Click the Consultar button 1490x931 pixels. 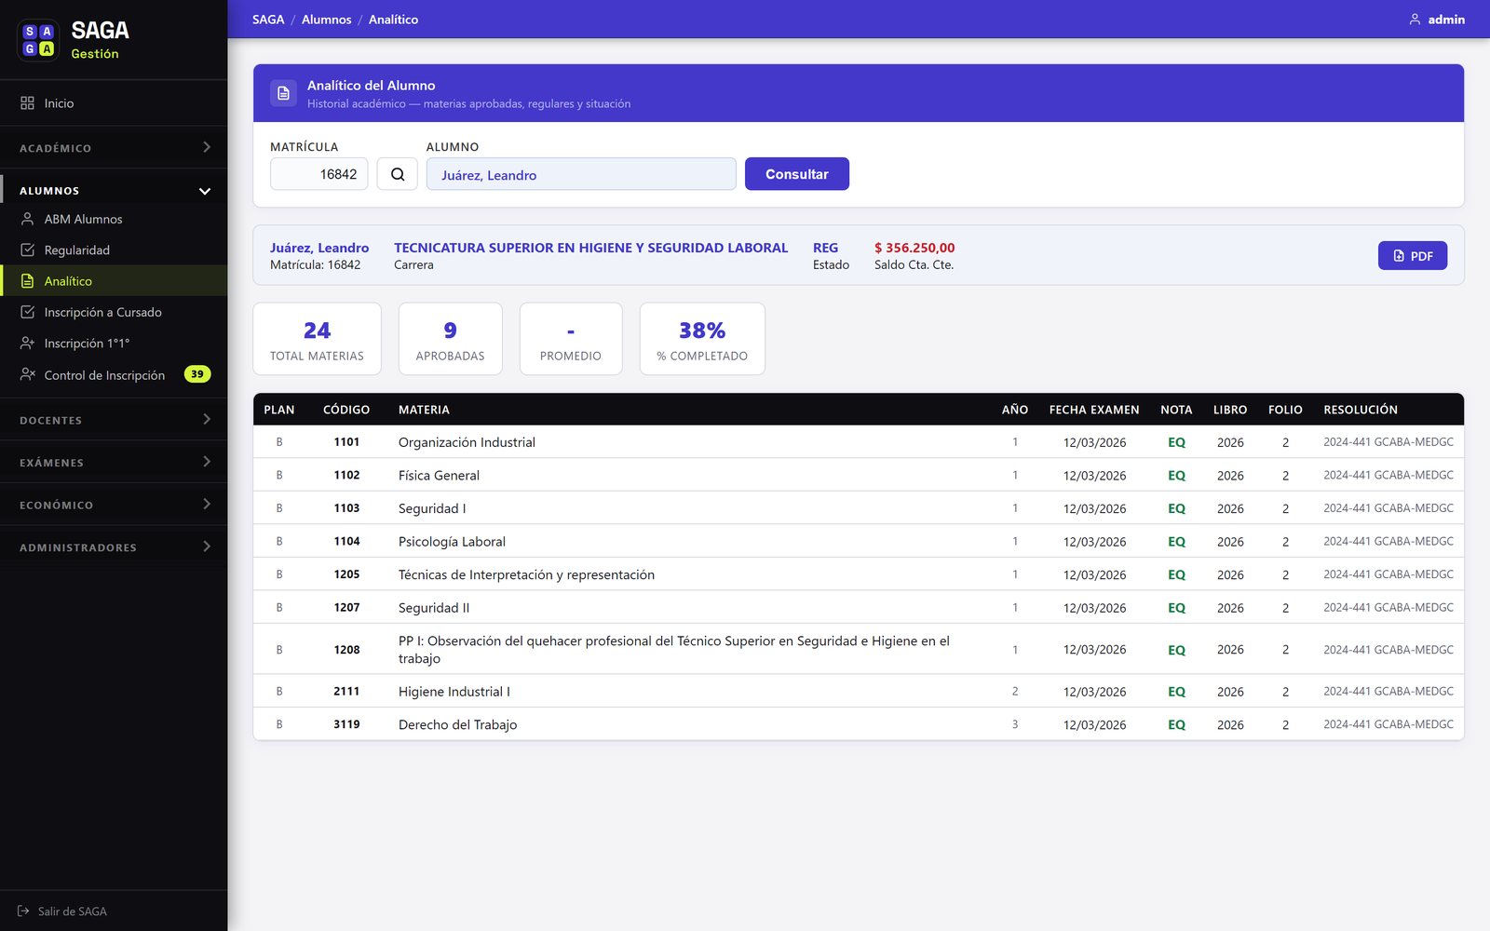click(x=796, y=173)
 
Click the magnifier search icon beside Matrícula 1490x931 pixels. click(x=397, y=173)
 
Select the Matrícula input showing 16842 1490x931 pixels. click(x=318, y=173)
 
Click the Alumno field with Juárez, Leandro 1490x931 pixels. click(x=581, y=174)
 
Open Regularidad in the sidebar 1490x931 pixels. click(x=76, y=250)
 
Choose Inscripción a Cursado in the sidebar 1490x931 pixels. click(x=102, y=312)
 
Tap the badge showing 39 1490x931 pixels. click(x=196, y=373)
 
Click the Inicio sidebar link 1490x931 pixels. click(x=59, y=103)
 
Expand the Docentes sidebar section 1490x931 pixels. click(x=114, y=420)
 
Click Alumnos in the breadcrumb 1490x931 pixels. click(x=326, y=20)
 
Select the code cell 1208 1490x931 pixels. click(x=346, y=650)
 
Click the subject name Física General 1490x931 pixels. click(x=439, y=475)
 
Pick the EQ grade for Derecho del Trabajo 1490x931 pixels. click(x=1176, y=724)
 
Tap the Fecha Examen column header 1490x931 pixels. click(x=1093, y=410)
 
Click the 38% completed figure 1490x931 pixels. click(x=702, y=330)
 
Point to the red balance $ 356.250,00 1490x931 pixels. click(x=914, y=248)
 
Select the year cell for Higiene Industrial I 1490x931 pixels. click(x=1014, y=691)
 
